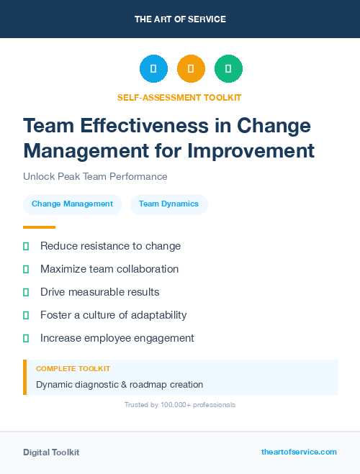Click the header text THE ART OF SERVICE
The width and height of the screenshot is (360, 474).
(180, 19)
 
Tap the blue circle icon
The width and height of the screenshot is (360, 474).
(153, 69)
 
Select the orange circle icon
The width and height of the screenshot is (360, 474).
(191, 69)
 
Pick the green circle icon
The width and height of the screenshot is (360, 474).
(228, 69)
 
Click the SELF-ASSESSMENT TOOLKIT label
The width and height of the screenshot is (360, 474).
(179, 97)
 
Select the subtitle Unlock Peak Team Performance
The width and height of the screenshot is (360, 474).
(95, 176)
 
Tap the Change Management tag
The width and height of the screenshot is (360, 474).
(72, 204)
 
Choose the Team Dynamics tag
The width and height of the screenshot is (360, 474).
(168, 204)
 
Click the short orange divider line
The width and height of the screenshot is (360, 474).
(39, 227)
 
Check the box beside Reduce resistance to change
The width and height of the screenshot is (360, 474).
(26, 247)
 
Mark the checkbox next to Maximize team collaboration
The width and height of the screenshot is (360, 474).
(26, 270)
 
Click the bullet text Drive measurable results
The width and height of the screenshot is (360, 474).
(100, 292)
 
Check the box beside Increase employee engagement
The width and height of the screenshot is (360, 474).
(26, 338)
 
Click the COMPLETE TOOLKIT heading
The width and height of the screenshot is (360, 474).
(68, 368)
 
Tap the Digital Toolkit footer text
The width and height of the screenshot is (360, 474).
(51, 452)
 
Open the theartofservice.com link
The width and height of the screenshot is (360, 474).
(299, 452)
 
